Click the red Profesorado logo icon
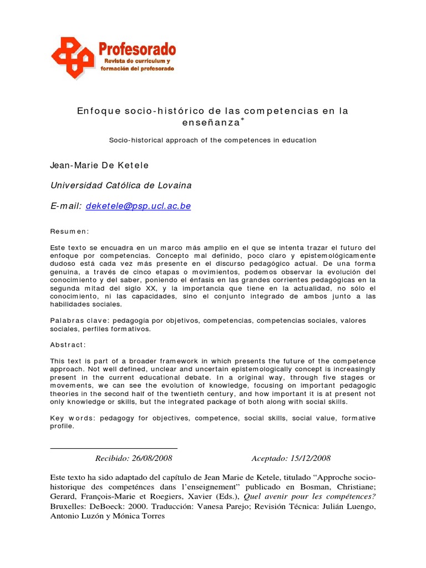pyautogui.click(x=73, y=58)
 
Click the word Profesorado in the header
pyautogui.click(x=138, y=49)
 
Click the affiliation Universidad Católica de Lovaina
pyautogui.click(x=121, y=185)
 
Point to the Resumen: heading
pyautogui.click(x=70, y=231)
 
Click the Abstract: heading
pyautogui.click(x=68, y=344)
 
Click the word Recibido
pyautogui.click(x=113, y=458)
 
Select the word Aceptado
pyautogui.click(x=268, y=458)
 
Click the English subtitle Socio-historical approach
pyautogui.click(x=212, y=140)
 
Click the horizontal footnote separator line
pyautogui.click(x=114, y=448)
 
